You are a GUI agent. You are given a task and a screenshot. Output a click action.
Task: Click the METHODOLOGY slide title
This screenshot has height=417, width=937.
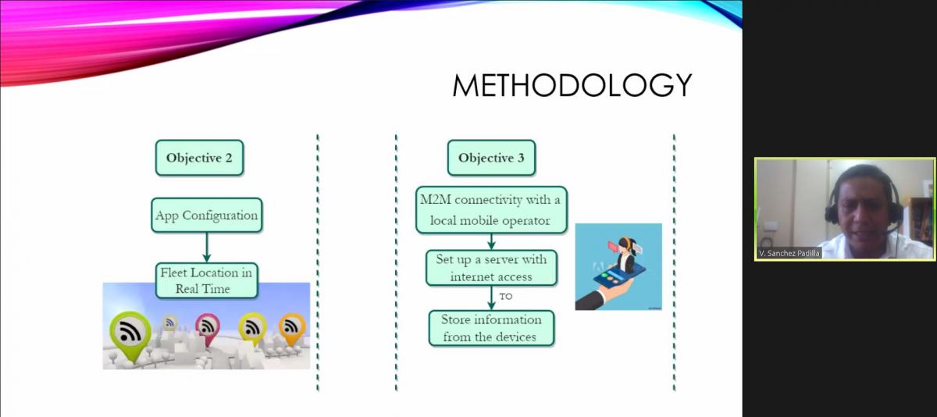pyautogui.click(x=572, y=85)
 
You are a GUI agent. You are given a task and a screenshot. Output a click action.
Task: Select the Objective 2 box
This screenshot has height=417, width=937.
pyautogui.click(x=199, y=158)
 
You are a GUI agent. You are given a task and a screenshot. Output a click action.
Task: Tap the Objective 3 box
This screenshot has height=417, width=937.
pyautogui.click(x=491, y=158)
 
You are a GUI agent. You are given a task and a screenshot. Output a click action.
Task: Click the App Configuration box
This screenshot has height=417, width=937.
pyautogui.click(x=207, y=215)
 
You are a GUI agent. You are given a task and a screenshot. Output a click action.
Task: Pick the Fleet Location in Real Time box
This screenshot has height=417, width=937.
pyautogui.click(x=206, y=280)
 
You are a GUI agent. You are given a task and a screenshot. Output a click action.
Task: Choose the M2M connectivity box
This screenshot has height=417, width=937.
pyautogui.click(x=491, y=209)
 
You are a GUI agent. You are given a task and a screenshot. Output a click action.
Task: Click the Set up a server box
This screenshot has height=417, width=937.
pyautogui.click(x=491, y=268)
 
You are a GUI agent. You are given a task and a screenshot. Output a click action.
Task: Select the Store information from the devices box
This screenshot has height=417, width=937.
pyautogui.click(x=491, y=328)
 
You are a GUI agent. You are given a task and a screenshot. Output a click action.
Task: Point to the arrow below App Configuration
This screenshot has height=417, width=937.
pyautogui.click(x=206, y=248)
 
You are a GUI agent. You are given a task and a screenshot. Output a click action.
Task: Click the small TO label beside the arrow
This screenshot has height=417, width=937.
pyautogui.click(x=506, y=297)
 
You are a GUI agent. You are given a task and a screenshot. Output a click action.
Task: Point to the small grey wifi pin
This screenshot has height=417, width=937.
pyautogui.click(x=169, y=323)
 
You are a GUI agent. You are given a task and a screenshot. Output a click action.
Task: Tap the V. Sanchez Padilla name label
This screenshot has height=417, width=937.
pyautogui.click(x=789, y=254)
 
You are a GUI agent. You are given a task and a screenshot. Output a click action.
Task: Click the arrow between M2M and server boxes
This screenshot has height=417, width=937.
pyautogui.click(x=491, y=241)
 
